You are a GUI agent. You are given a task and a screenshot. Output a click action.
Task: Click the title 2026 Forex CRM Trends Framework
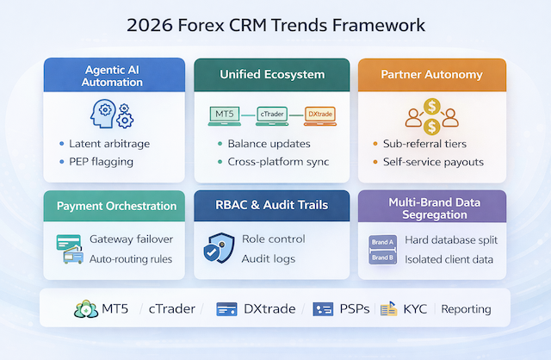click(x=275, y=25)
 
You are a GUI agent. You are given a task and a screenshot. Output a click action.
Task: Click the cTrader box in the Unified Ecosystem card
click(x=274, y=114)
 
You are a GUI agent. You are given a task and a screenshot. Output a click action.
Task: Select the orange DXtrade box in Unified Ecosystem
click(x=321, y=114)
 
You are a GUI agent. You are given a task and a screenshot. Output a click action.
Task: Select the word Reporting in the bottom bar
click(x=466, y=309)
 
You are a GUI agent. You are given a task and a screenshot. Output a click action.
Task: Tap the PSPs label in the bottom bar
click(x=355, y=309)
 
